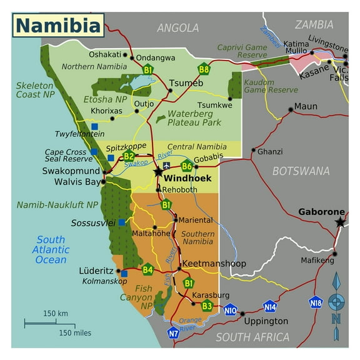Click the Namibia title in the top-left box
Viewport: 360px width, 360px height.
pyautogui.click(x=57, y=26)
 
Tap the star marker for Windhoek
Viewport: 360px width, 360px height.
pyautogui.click(x=157, y=172)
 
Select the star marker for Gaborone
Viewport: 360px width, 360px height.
pyautogui.click(x=340, y=222)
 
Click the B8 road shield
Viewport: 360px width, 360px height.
pyautogui.click(x=204, y=69)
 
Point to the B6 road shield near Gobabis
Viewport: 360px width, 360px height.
pyautogui.click(x=186, y=166)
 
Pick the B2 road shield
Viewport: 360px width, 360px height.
pyautogui.click(x=129, y=156)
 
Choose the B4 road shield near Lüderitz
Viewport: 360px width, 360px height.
pyautogui.click(x=147, y=270)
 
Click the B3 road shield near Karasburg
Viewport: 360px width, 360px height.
pyautogui.click(x=207, y=306)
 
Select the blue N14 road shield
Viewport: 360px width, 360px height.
pyautogui.click(x=269, y=306)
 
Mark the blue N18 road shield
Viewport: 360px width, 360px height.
pyautogui.click(x=316, y=302)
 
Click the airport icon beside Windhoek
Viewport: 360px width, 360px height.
pyautogui.click(x=166, y=166)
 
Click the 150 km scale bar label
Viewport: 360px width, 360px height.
pyautogui.click(x=55, y=313)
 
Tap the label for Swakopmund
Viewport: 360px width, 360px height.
pyautogui.click(x=71, y=170)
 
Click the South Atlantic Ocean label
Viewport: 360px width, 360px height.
pyautogui.click(x=51, y=250)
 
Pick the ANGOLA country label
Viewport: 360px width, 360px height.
pyautogui.click(x=177, y=27)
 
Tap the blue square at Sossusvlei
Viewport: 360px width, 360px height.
pyautogui.click(x=121, y=222)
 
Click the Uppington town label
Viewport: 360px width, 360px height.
pyautogui.click(x=266, y=321)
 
